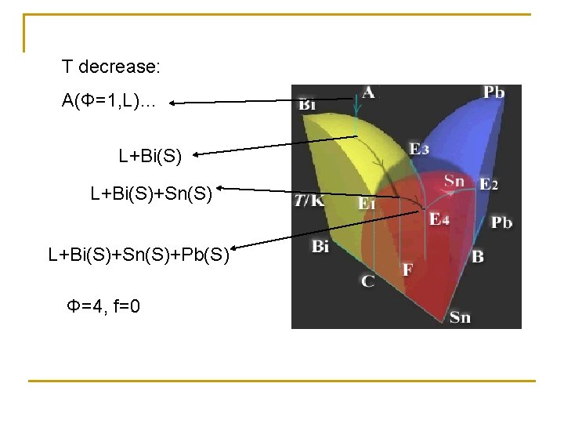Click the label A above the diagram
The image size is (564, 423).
click(368, 92)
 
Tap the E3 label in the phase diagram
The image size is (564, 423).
click(419, 149)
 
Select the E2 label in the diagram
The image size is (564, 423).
click(489, 185)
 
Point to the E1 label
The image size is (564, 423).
click(367, 204)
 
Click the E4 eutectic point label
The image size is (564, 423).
click(439, 219)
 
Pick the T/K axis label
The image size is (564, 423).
click(311, 201)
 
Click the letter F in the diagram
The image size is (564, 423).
click(407, 270)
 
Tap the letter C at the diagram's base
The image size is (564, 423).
click(367, 280)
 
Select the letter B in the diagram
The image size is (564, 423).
click(478, 256)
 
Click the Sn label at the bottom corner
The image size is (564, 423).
click(460, 316)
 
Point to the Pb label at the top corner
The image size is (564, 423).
click(493, 93)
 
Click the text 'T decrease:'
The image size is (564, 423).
click(111, 67)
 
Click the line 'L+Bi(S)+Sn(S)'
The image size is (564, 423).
click(151, 193)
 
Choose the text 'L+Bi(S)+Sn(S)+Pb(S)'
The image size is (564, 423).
click(139, 255)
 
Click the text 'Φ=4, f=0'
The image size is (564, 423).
click(104, 305)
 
